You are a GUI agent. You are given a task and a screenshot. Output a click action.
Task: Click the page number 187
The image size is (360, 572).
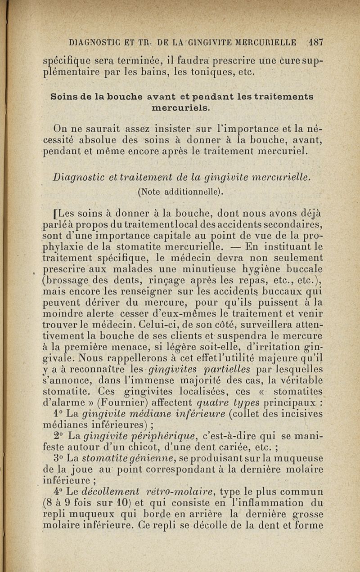tap(317, 43)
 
